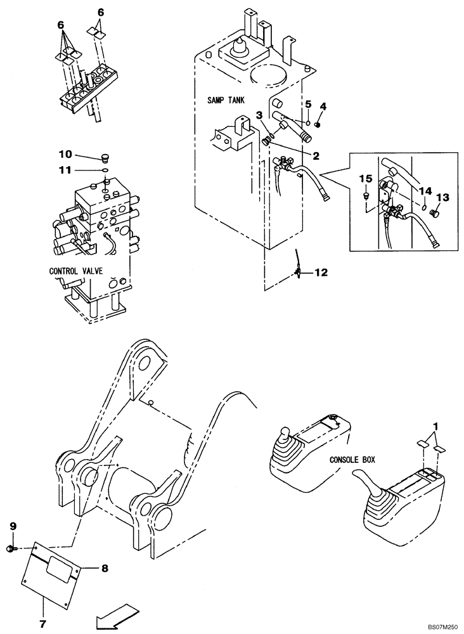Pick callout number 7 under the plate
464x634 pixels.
click(43, 624)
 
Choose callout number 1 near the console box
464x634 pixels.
click(435, 426)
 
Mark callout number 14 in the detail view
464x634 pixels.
click(425, 190)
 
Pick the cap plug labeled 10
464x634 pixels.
click(106, 158)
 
